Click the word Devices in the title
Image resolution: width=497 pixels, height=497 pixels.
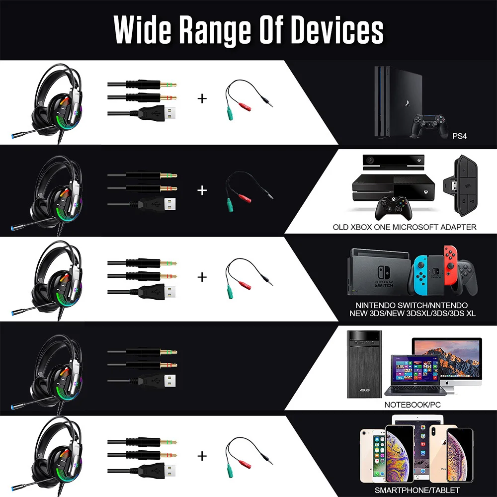[x=337, y=31]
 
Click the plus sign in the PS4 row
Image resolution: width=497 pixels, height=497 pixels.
[x=202, y=98]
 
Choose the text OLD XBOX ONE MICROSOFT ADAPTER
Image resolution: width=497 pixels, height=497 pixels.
[x=405, y=227]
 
